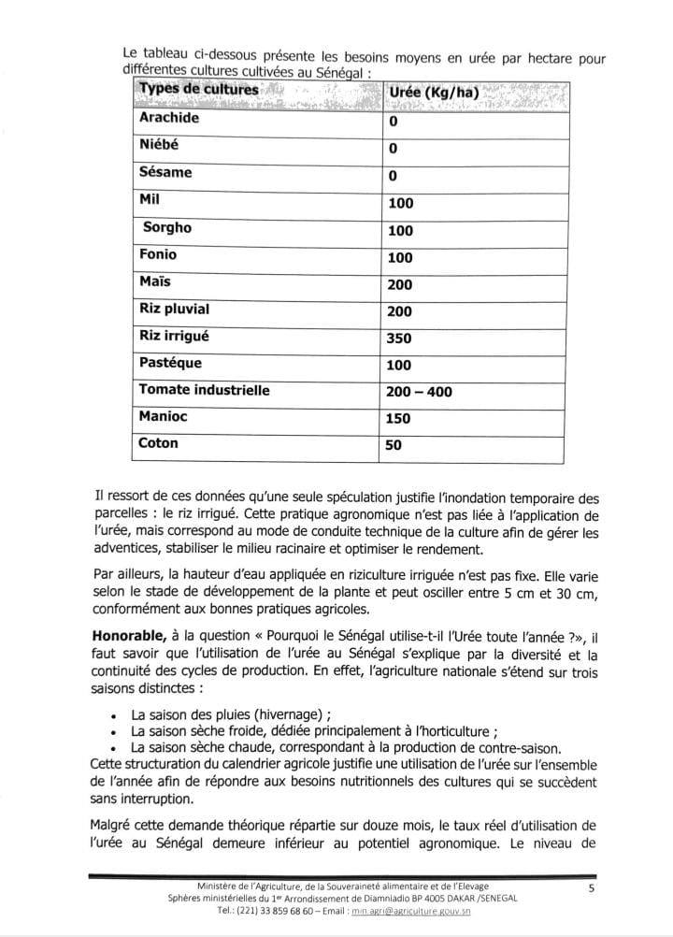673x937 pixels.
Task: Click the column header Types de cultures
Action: coord(198,90)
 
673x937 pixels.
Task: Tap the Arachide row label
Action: coord(169,119)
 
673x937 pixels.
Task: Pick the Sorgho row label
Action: coord(167,227)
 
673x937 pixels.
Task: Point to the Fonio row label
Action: coord(157,254)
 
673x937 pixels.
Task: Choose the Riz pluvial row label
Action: coord(174,309)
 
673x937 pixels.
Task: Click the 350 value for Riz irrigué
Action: coord(399,339)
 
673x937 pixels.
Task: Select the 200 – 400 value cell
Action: coord(419,392)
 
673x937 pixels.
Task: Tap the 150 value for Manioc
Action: coord(399,419)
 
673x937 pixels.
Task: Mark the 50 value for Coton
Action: coord(394,446)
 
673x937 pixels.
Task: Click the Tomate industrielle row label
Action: coord(204,390)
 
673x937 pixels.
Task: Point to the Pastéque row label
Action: coord(170,363)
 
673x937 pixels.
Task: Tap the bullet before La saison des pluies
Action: coord(113,714)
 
